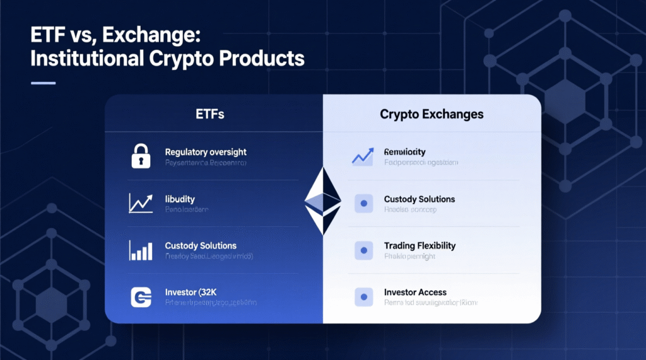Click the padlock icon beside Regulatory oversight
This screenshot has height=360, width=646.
pyautogui.click(x=141, y=156)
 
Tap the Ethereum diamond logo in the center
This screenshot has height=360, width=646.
pyautogui.click(x=323, y=201)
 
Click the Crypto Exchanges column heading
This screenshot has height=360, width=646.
pyautogui.click(x=432, y=114)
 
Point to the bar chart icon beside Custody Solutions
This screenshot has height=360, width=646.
pyautogui.click(x=141, y=250)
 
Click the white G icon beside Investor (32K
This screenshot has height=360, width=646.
pyautogui.click(x=141, y=297)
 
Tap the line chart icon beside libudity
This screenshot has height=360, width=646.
pyautogui.click(x=141, y=202)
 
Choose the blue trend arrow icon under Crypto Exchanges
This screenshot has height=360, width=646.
pyautogui.click(x=362, y=156)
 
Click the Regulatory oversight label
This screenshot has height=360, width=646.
pyautogui.click(x=205, y=152)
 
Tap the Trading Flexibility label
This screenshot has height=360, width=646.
pyautogui.click(x=420, y=245)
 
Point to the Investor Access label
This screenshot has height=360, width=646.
pyautogui.click(x=415, y=293)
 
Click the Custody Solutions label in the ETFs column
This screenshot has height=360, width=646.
pyautogui.click(x=201, y=245)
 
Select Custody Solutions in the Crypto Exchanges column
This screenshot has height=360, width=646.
pyautogui.click(x=419, y=199)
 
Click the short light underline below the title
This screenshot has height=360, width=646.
pyautogui.click(x=43, y=83)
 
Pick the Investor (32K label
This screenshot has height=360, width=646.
pyautogui.click(x=191, y=292)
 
